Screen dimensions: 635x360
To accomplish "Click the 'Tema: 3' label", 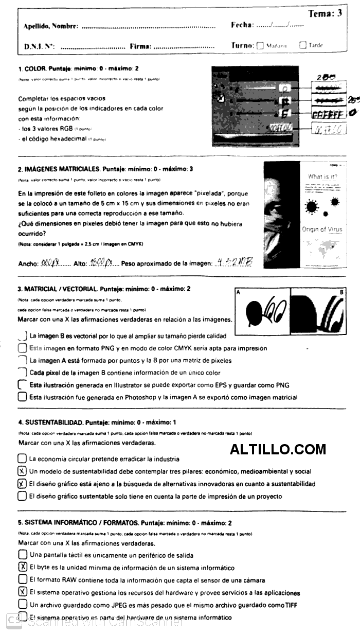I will point(325,13).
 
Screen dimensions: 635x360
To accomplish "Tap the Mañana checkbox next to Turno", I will point(260,45).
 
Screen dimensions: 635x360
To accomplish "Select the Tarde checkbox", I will point(303,45).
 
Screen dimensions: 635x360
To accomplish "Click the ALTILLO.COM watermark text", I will point(278,449).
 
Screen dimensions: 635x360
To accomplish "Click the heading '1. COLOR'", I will point(32,68).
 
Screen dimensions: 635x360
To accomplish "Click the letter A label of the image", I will point(238,292).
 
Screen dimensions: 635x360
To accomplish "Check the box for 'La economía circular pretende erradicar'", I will point(22,458).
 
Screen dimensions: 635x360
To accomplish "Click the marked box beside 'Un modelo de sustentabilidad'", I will point(22,471).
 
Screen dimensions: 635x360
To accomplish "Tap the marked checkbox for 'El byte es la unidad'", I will point(22,567).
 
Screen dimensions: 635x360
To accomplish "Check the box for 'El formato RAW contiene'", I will point(22,579).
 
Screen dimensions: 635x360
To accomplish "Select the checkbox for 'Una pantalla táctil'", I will point(22,555).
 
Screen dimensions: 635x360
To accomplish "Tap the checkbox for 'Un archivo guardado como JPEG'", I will point(22,605).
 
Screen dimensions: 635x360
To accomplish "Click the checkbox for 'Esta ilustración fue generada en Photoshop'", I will point(22,397).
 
